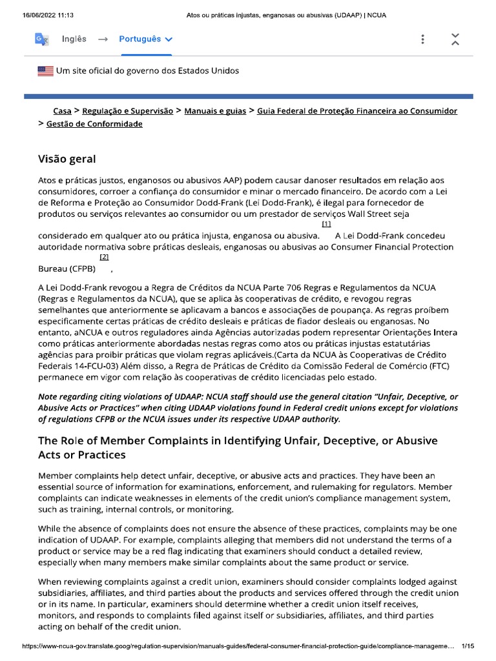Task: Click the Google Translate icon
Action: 41,39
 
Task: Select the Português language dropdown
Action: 145,39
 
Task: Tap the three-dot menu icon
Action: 422,39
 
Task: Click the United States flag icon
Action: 46,70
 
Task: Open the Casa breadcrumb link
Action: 62,111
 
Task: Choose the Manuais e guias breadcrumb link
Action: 215,111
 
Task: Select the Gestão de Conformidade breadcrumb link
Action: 94,123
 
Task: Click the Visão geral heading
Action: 67,158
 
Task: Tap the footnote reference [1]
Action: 325,224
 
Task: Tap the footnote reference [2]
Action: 105,256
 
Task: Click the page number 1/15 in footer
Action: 468,646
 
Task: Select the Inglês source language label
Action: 74,39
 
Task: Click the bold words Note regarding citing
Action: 83,396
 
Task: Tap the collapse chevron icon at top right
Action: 455,39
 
